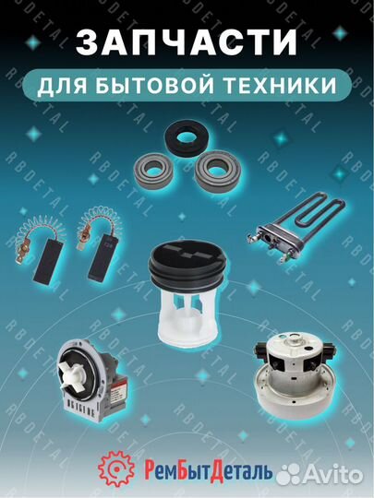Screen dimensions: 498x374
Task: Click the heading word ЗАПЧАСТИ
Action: pyautogui.click(x=187, y=42)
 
